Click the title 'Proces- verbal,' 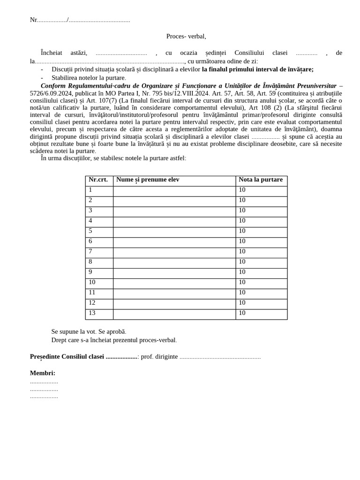(186, 36)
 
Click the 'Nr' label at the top (33, 20)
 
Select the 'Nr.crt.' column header (98, 180)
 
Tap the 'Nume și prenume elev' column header (148, 180)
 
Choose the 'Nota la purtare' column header (261, 180)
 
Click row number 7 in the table (90, 252)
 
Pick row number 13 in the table (92, 313)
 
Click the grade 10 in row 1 (242, 190)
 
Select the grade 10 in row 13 (242, 313)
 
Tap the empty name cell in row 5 (174, 232)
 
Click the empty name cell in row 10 (174, 283)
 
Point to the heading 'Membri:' (43, 373)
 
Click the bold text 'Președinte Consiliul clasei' (67, 357)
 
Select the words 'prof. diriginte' (159, 357)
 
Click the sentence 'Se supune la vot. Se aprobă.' (89, 332)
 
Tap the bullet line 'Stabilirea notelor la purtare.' (89, 78)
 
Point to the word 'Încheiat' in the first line (52, 53)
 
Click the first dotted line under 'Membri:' (44, 382)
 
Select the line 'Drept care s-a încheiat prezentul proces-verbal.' (114, 340)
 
